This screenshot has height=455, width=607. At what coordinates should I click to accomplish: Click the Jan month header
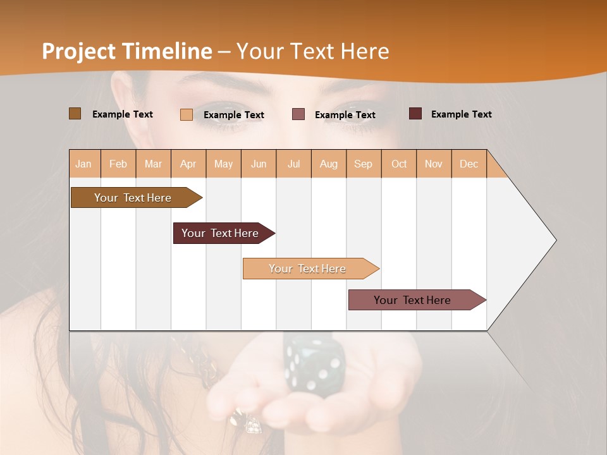pyautogui.click(x=84, y=164)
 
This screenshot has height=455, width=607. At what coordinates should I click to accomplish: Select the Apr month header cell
pyautogui.click(x=188, y=164)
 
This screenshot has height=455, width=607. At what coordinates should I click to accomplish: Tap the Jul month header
pyautogui.click(x=293, y=164)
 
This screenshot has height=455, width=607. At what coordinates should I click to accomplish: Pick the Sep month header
pyautogui.click(x=364, y=164)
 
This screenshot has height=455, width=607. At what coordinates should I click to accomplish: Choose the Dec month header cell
pyautogui.click(x=469, y=164)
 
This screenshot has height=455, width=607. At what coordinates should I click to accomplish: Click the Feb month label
pyautogui.click(x=118, y=164)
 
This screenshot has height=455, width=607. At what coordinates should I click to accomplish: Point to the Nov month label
pyautogui.click(x=434, y=164)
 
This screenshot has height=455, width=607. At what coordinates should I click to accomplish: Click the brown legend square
pyautogui.click(x=75, y=114)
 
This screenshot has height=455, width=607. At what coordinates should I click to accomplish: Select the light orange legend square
pyautogui.click(x=187, y=114)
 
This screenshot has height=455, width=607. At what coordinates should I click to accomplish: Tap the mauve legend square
pyautogui.click(x=298, y=114)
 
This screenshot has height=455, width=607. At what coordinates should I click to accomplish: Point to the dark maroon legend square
pyautogui.click(x=415, y=114)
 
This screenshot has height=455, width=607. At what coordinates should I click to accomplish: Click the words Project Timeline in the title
pyautogui.click(x=127, y=51)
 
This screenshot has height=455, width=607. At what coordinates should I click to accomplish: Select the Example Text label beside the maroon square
pyautogui.click(x=461, y=114)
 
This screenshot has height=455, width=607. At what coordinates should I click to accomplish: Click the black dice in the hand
pyautogui.click(x=314, y=365)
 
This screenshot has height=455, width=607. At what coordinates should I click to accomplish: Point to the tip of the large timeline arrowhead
pyautogui.click(x=555, y=240)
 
